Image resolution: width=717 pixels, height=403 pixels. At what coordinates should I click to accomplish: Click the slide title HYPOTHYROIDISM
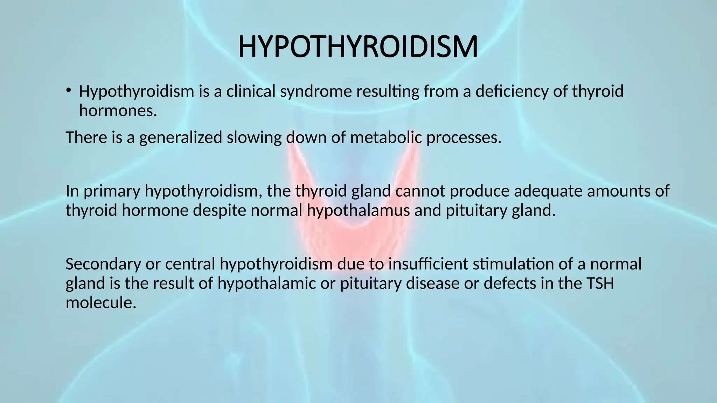pos(358,47)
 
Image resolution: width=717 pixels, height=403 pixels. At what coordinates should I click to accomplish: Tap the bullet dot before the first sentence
pos(68,90)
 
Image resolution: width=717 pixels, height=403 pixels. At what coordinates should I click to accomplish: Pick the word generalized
pos(181,137)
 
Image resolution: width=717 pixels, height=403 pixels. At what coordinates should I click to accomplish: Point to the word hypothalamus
pos(358,211)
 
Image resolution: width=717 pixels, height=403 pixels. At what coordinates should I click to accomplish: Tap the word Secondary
pos(103,264)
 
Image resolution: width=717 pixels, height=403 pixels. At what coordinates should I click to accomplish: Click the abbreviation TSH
pos(600,283)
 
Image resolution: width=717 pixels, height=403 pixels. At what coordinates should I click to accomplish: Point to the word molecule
pos(100,302)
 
